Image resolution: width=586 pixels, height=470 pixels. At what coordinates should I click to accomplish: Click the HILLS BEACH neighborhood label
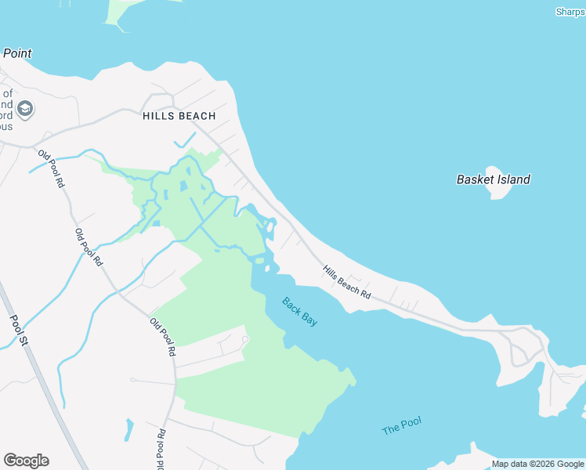click(x=179, y=116)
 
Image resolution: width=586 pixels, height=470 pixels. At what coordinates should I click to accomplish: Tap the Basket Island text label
click(x=493, y=179)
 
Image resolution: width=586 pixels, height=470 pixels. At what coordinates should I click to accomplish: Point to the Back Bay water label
click(x=300, y=311)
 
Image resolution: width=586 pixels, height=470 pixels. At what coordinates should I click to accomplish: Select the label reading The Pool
click(x=401, y=426)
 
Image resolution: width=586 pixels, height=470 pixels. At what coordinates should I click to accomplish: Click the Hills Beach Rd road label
click(x=346, y=280)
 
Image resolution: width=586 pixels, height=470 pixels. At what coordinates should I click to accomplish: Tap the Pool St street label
click(x=18, y=330)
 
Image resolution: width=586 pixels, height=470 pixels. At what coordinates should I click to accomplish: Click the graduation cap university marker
click(x=25, y=108)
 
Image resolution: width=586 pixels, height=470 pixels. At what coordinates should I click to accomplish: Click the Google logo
click(x=26, y=461)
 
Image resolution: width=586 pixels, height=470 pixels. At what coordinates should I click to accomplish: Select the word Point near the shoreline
click(x=16, y=53)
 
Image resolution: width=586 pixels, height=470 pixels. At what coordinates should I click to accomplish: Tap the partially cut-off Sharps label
click(x=570, y=11)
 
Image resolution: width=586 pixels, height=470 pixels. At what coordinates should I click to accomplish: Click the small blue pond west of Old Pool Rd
click(x=128, y=429)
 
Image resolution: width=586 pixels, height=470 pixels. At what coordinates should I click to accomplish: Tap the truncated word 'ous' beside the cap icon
click(x=5, y=126)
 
